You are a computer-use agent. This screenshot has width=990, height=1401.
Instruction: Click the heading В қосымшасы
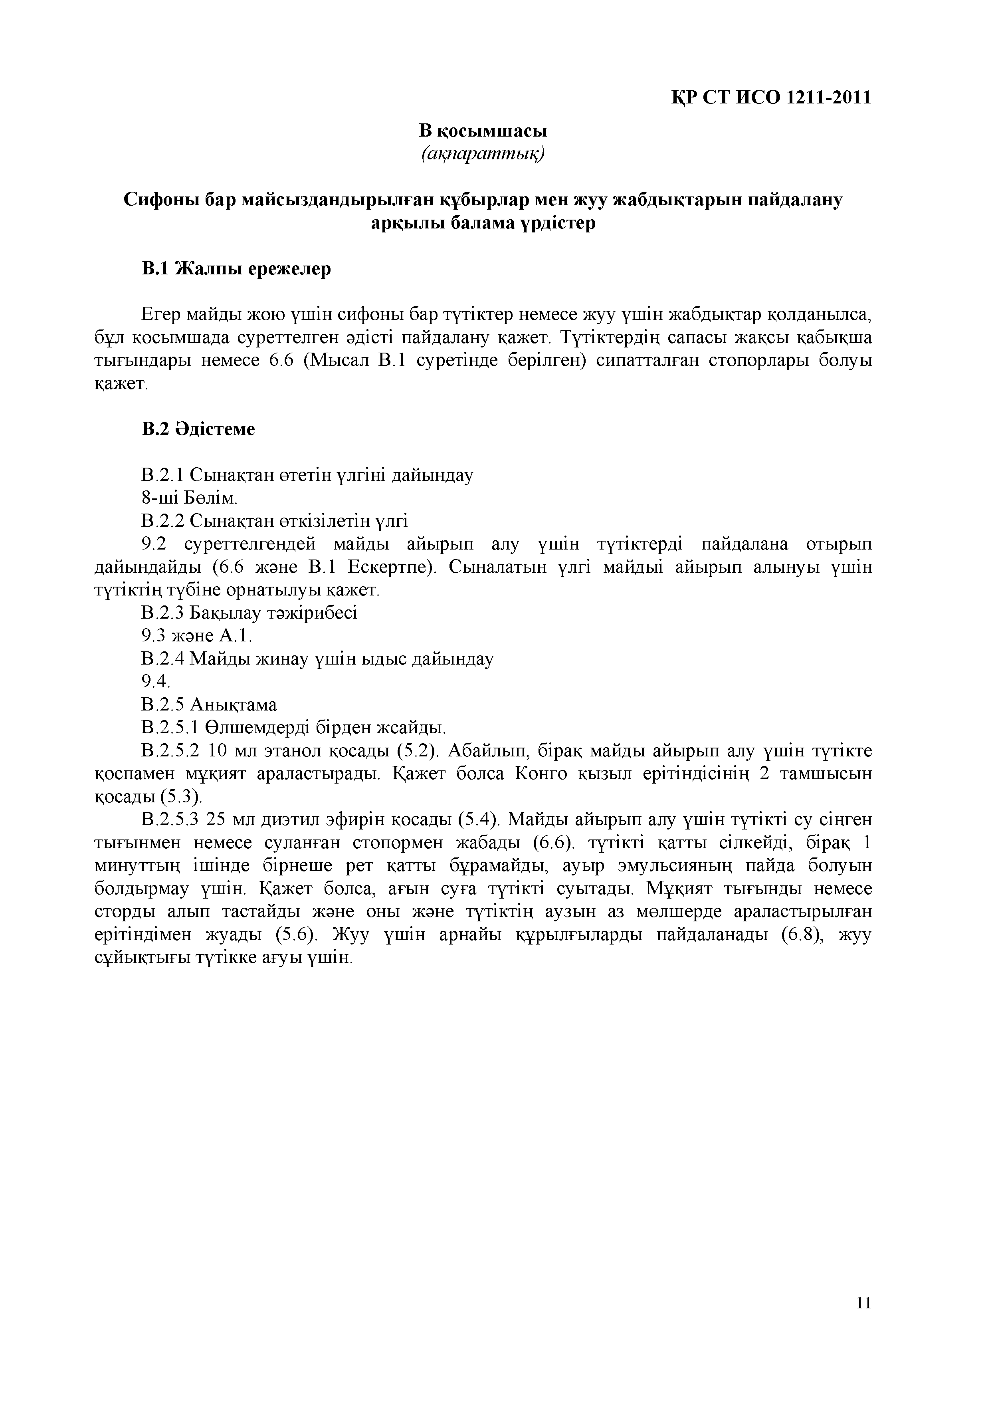[x=483, y=131]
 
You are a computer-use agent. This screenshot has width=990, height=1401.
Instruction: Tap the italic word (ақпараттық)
[x=483, y=155]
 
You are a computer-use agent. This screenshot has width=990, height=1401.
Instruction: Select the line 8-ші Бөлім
[x=189, y=498]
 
